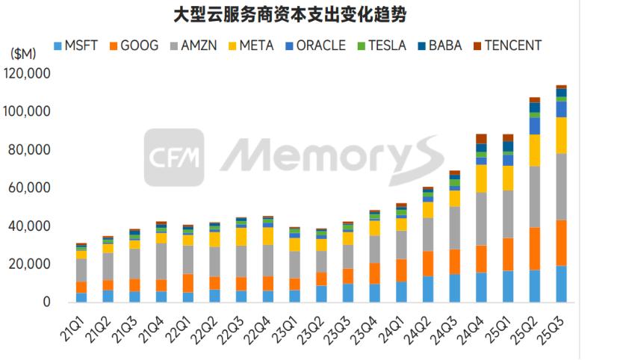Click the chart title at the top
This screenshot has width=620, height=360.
pyautogui.click(x=306, y=14)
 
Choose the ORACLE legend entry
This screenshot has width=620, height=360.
pyautogui.click(x=313, y=46)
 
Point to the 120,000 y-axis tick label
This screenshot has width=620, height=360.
pyautogui.click(x=28, y=74)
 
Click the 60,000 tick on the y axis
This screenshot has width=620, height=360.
pyautogui.click(x=31, y=188)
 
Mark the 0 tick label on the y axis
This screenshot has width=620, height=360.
pyautogui.click(x=46, y=302)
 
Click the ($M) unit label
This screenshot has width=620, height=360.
pyautogui.click(x=24, y=54)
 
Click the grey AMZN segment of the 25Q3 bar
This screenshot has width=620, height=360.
pyautogui.click(x=561, y=187)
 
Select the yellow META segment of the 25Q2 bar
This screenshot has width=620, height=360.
pyautogui.click(x=534, y=150)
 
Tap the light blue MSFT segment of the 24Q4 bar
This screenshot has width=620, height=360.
pyautogui.click(x=481, y=288)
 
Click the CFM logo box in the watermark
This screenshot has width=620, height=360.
pyautogui.click(x=174, y=157)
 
